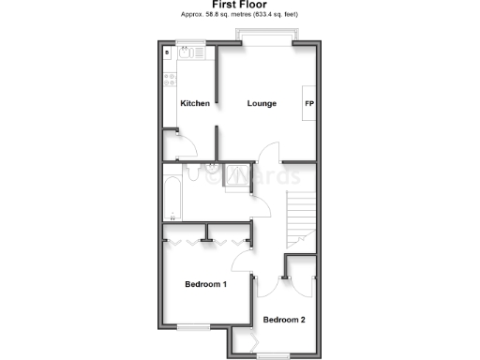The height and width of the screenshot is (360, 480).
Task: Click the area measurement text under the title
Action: tap(240, 15)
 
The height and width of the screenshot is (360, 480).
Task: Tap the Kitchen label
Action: tap(194, 103)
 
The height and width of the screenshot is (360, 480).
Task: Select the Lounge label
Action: tap(262, 103)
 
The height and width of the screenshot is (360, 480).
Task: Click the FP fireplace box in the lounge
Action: tap(307, 103)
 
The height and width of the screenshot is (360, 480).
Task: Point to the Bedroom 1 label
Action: tap(206, 284)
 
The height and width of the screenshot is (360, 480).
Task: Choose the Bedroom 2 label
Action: tap(284, 320)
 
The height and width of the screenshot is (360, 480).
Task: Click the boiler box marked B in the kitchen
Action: tap(168, 53)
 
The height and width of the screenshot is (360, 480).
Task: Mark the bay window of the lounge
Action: tap(268, 39)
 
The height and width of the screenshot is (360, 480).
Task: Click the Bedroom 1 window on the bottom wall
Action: tap(193, 326)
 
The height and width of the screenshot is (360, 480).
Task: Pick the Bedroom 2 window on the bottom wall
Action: tap(275, 353)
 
